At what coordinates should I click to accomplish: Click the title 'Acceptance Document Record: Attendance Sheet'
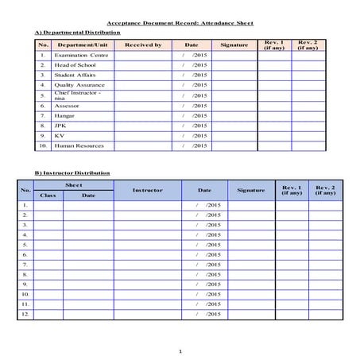180,24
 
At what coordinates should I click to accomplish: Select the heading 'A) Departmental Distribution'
78,33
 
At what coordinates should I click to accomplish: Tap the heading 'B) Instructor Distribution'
72,172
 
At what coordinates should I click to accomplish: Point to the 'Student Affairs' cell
76,75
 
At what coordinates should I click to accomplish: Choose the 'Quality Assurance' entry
79,85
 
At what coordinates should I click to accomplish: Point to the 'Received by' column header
143,45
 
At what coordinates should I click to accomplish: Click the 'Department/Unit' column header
83,45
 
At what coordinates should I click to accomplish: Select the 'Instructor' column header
147,190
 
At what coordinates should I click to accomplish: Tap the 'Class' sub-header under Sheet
48,195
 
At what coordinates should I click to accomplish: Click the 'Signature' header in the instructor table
251,190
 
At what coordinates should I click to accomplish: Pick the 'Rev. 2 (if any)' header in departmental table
307,45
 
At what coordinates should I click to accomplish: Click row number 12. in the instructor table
25,314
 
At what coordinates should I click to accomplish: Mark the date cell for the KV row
194,136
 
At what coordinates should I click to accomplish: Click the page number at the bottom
180,350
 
